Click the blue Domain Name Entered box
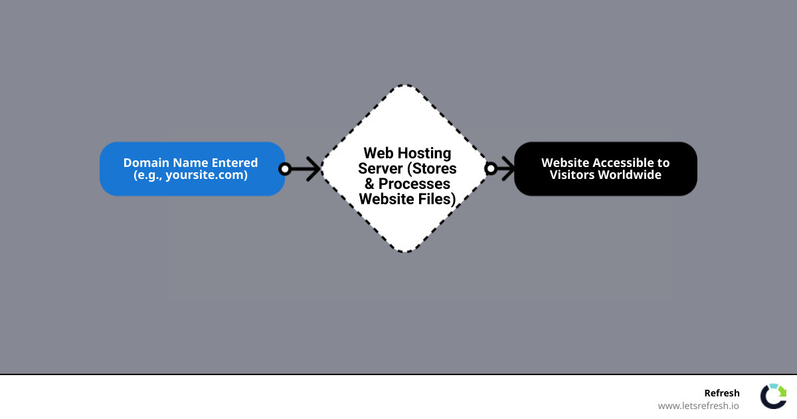point(191,169)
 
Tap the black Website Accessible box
point(605,169)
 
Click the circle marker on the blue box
point(285,169)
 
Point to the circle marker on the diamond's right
point(491,169)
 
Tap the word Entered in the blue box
point(234,163)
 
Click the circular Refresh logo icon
point(773,396)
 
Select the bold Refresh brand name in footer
point(721,393)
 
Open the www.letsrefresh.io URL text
point(698,406)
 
